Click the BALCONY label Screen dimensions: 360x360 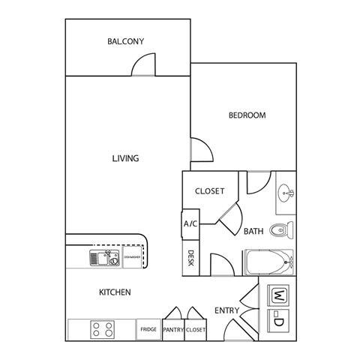[125, 42]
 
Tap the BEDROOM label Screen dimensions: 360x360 [247, 115]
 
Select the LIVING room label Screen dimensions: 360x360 [125, 158]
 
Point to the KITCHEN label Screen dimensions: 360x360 [115, 292]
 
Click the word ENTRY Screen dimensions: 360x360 [226, 310]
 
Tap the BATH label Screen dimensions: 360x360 [253, 232]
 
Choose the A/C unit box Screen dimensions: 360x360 [190, 224]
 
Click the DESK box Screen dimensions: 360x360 [190, 258]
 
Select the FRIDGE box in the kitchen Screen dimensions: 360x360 [148, 329]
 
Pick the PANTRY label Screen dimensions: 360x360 [173, 329]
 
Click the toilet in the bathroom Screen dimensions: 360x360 [281, 230]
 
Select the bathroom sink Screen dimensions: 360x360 [285, 193]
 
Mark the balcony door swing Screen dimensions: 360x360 [143, 67]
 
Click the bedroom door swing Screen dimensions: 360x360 [200, 151]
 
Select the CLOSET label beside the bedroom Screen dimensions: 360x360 [209, 191]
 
